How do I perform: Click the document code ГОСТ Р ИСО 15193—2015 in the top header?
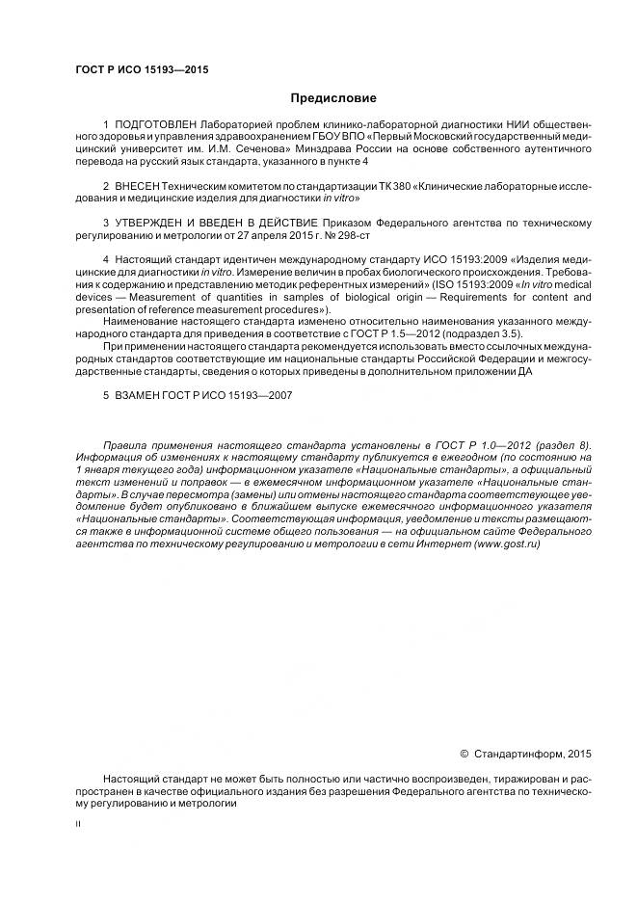pos(142,69)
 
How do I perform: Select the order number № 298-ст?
pos(349,235)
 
